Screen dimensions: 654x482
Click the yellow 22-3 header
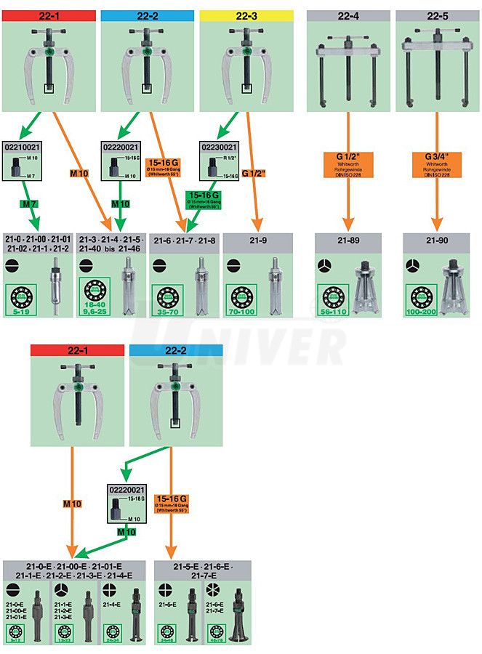(246, 15)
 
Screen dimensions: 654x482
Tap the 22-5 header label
(437, 15)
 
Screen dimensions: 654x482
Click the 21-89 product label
(346, 241)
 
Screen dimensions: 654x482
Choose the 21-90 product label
(437, 241)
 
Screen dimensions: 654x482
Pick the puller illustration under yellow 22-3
(246, 62)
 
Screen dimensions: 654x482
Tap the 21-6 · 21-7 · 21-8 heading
(183, 241)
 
